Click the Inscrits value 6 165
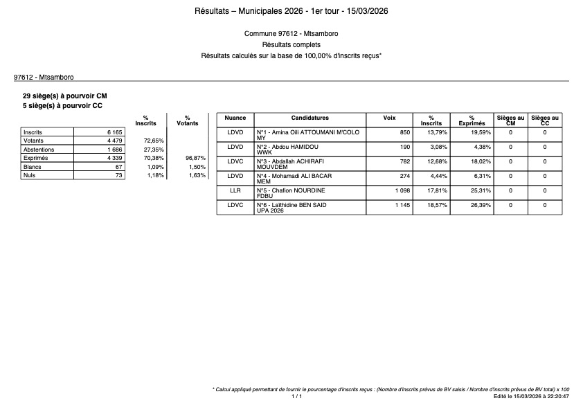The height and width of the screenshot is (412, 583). (114, 132)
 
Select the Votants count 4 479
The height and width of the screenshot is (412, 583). (114, 141)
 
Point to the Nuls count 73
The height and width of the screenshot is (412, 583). (118, 176)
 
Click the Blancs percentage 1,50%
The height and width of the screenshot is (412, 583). (197, 167)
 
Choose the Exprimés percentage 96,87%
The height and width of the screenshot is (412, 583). (196, 158)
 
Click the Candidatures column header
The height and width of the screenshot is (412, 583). (310, 118)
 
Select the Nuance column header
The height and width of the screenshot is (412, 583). (235, 118)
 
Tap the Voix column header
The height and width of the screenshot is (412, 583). (390, 118)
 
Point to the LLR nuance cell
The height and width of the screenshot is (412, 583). (235, 190)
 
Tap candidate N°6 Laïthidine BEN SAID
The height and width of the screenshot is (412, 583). (291, 205)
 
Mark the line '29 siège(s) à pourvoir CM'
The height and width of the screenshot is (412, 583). (65, 96)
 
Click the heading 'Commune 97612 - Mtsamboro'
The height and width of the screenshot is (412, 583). (291, 34)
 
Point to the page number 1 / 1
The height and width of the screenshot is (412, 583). (296, 397)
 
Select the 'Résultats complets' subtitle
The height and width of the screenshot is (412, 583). (291, 44)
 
